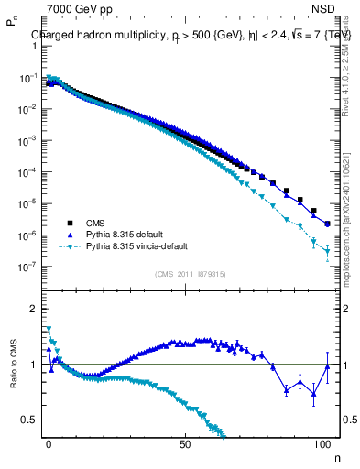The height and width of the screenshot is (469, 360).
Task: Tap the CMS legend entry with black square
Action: (95, 223)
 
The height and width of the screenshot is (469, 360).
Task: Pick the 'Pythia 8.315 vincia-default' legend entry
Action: (142, 246)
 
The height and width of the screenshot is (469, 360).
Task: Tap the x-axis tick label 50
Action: (186, 442)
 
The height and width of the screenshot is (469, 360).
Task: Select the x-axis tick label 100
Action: (322, 442)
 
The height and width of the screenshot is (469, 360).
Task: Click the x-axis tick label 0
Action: (49, 442)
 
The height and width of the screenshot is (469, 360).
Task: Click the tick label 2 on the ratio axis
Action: (31, 310)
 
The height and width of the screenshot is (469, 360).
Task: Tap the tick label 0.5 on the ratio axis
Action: (27, 420)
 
